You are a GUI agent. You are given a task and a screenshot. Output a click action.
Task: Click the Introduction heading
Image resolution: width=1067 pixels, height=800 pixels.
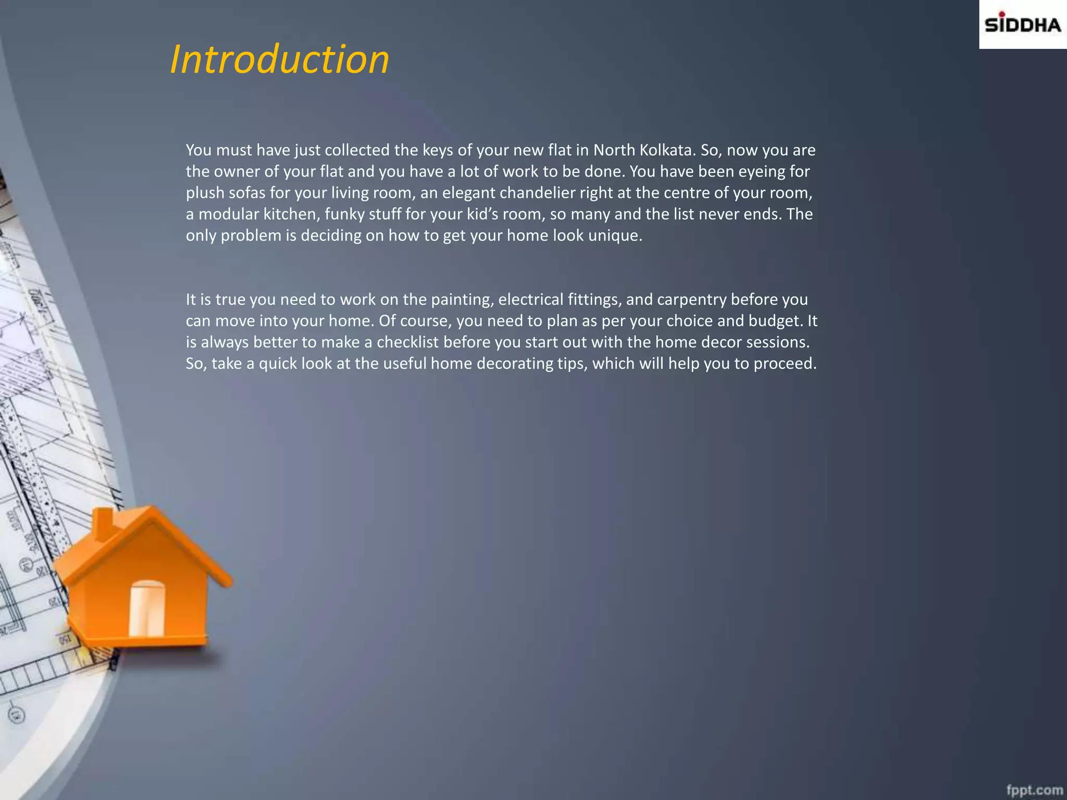[280, 59]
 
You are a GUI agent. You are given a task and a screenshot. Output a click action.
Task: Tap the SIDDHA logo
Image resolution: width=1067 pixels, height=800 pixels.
[1022, 24]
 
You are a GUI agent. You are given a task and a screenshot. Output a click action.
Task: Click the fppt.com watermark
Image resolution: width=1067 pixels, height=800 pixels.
[1034, 790]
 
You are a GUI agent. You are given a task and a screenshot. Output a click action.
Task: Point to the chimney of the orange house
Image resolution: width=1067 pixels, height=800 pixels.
[103, 523]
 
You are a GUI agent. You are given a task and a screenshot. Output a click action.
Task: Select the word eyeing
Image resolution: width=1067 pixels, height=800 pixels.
[765, 171]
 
